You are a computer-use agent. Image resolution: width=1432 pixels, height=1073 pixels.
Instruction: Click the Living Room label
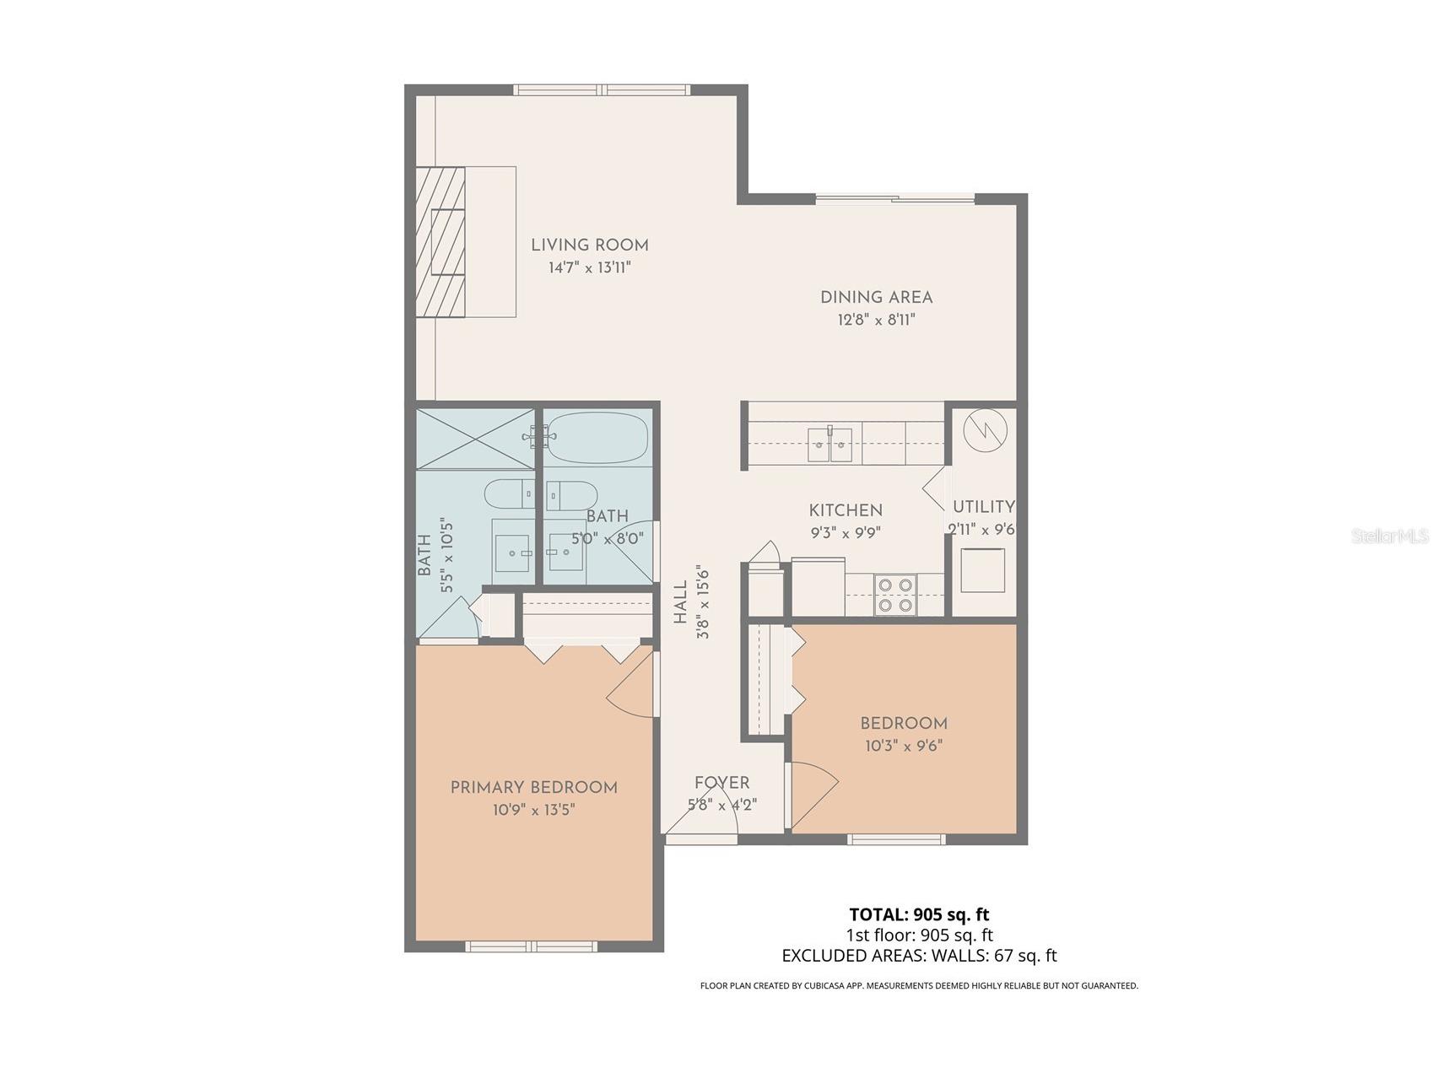point(589,245)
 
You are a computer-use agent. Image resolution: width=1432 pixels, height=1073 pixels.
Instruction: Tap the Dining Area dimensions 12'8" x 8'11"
point(876,320)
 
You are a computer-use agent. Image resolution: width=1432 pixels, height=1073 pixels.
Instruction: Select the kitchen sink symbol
point(829,445)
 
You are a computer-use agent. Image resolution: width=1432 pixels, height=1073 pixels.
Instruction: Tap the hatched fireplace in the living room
point(440,242)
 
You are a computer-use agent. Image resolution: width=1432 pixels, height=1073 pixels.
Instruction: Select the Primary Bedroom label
point(533,787)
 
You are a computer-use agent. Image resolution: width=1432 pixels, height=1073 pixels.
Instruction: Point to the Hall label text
point(680,603)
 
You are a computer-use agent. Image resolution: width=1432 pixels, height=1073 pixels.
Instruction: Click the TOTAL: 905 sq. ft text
point(919,914)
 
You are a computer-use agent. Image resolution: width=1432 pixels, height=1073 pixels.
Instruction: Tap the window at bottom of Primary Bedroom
point(532,946)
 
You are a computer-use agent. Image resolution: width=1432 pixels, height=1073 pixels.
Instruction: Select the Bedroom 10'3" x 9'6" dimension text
point(903,746)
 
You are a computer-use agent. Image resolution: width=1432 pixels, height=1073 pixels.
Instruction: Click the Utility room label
point(983,507)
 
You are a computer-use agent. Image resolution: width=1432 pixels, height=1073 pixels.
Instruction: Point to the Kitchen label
point(846,510)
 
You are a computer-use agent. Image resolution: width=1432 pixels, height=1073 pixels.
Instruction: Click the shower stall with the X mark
point(475,439)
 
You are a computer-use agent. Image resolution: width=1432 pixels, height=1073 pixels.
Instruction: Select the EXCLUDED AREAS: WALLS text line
point(919,956)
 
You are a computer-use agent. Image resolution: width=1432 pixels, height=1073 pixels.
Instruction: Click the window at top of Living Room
point(602,89)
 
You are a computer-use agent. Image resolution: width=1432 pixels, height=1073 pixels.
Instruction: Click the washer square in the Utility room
point(983,569)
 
